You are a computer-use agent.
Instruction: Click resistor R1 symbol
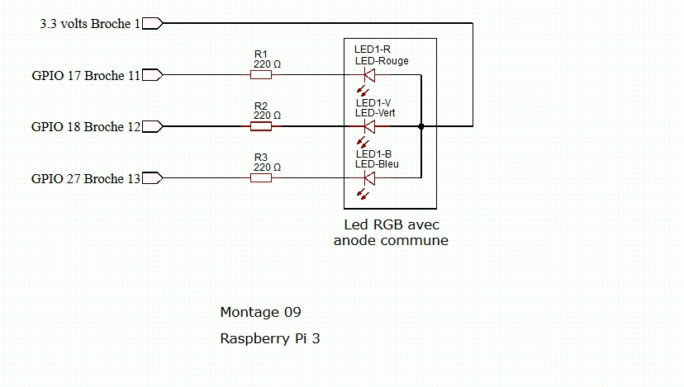point(261,75)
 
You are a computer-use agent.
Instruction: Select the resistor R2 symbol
point(261,126)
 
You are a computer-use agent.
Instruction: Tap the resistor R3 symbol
point(261,177)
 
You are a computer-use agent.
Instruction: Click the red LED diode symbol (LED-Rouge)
point(369,75)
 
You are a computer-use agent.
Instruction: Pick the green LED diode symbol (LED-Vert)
point(369,126)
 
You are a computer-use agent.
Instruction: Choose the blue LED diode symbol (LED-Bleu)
point(369,177)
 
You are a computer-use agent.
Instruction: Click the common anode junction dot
point(421,126)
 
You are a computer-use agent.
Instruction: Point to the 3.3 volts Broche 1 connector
point(153,24)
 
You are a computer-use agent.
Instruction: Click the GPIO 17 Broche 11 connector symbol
point(153,75)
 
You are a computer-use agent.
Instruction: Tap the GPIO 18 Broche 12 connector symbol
point(153,126)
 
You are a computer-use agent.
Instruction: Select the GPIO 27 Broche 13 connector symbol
point(153,178)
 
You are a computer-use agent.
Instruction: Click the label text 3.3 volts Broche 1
point(90,24)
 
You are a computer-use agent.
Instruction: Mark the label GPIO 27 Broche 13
point(86,178)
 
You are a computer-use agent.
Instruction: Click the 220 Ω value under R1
point(267,64)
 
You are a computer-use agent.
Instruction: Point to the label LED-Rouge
point(382,61)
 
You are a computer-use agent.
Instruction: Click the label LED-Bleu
point(377,163)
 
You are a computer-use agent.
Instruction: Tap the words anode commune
point(391,241)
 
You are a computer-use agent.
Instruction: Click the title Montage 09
point(260,312)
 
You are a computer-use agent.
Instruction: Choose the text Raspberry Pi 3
point(269,338)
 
